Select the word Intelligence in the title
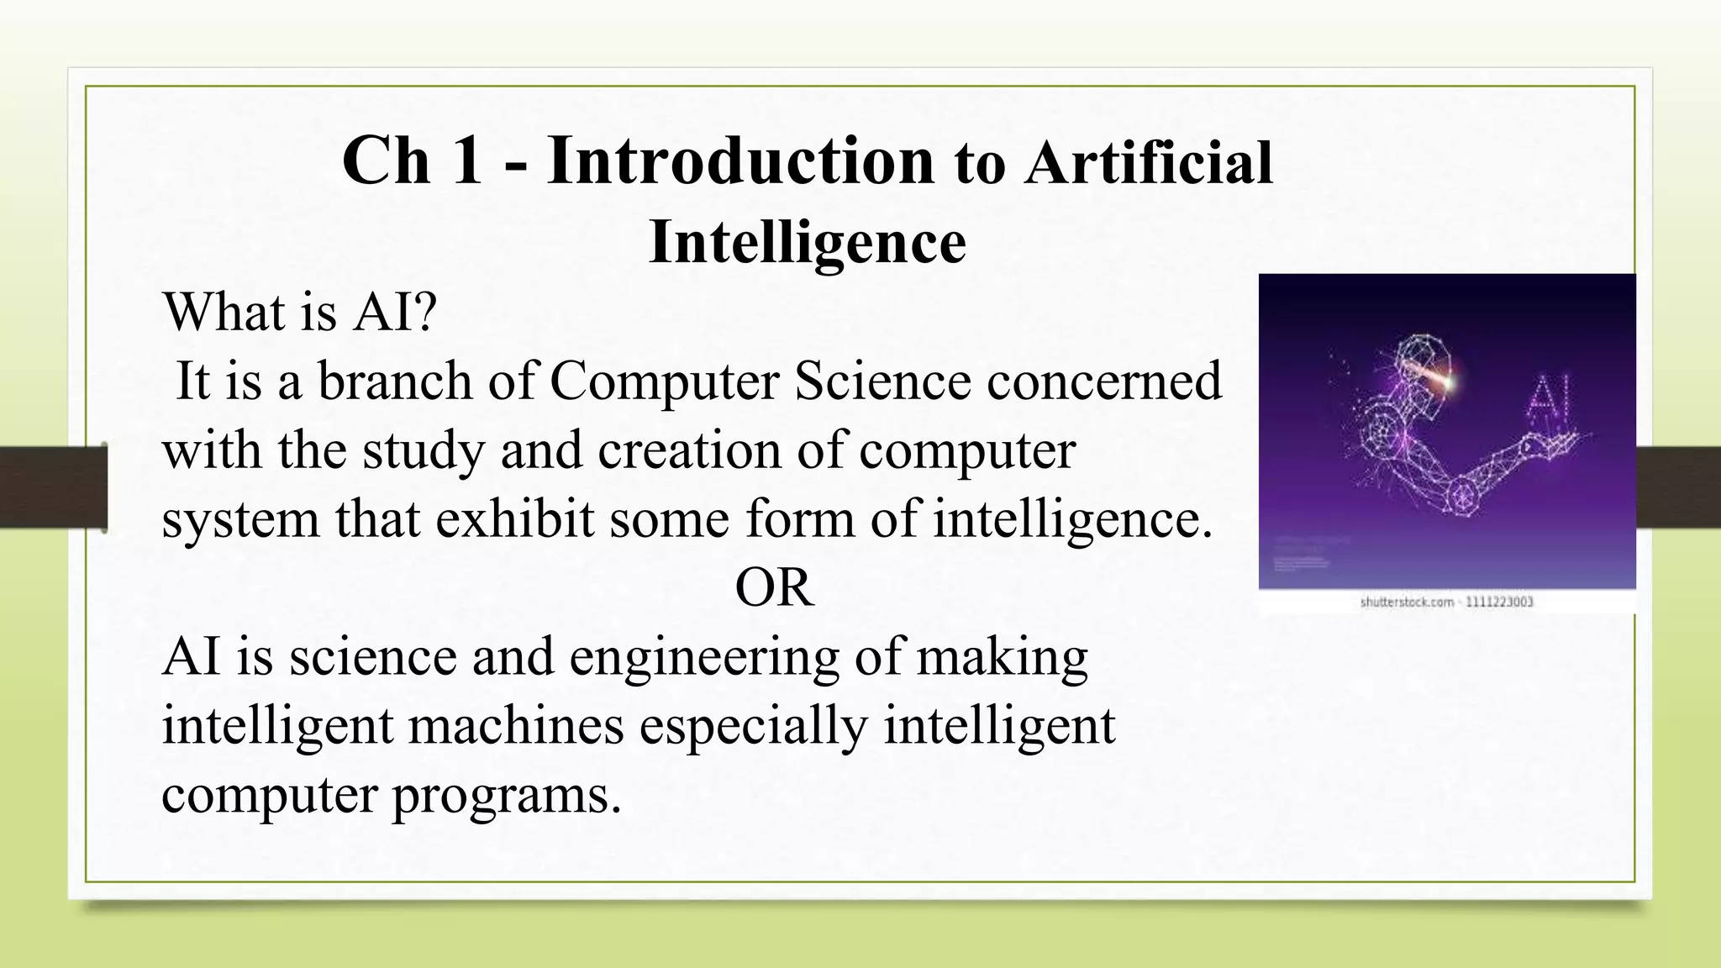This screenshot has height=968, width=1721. point(807,242)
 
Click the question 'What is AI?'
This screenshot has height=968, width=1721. point(299,312)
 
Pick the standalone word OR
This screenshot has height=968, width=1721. point(774,587)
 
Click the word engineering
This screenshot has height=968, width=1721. point(704,656)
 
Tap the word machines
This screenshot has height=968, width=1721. point(516,725)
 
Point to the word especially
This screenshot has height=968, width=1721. point(753,727)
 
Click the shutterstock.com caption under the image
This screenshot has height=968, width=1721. point(1446,602)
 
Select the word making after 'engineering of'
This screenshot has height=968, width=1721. point(1002,658)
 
